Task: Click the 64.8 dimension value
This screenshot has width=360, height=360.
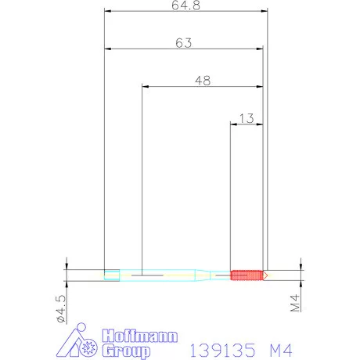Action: point(185,5)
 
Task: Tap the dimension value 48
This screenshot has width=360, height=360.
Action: point(202,80)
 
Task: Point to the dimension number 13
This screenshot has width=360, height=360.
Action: point(246,118)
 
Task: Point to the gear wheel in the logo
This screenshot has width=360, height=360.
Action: point(88,344)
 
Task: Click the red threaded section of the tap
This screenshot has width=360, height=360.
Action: point(245,275)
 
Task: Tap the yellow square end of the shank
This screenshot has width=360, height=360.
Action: point(112,275)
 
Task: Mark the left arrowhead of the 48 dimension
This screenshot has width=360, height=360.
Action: point(146,86)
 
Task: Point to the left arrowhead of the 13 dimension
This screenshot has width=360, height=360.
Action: point(233,124)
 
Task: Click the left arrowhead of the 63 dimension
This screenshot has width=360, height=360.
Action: point(108,49)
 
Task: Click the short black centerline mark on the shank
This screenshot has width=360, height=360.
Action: point(146,275)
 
